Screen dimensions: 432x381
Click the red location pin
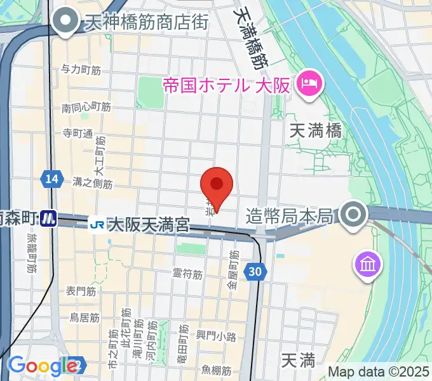pos(217,185)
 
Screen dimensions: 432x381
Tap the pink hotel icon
pos(311,82)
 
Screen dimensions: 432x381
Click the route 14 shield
pos(52,180)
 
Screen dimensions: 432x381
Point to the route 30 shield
pos(255,272)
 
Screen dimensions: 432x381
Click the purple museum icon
pos(368,262)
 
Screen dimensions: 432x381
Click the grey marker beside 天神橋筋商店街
pos(64,22)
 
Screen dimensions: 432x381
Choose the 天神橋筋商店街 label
pos(144,23)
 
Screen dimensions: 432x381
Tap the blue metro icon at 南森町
pos(48,219)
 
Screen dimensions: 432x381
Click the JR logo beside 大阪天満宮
pos(97,224)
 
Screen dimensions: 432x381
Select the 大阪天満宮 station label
pos(148,224)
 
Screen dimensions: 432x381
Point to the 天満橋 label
pos(316,131)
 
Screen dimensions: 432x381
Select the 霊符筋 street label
pos(187,274)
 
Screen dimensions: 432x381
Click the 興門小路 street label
pos(216,336)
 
